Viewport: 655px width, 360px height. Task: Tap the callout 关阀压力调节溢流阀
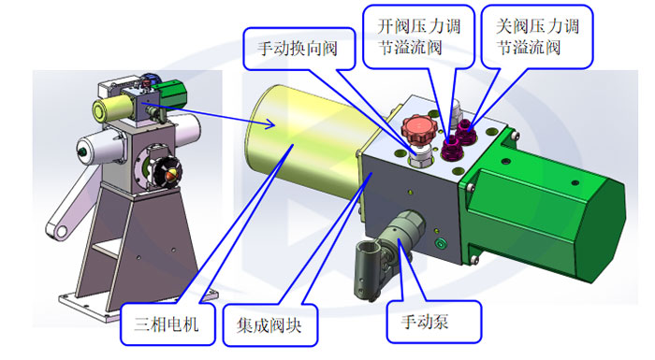(x=536, y=36)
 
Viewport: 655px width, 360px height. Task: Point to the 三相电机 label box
(x=166, y=325)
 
